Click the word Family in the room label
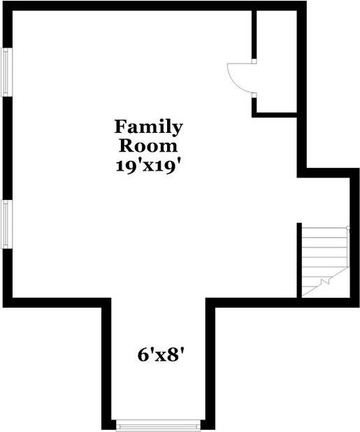point(149,127)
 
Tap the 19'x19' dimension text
point(150,166)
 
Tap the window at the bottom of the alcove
point(158,424)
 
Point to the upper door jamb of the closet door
point(254,62)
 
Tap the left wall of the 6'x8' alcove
point(107,363)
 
